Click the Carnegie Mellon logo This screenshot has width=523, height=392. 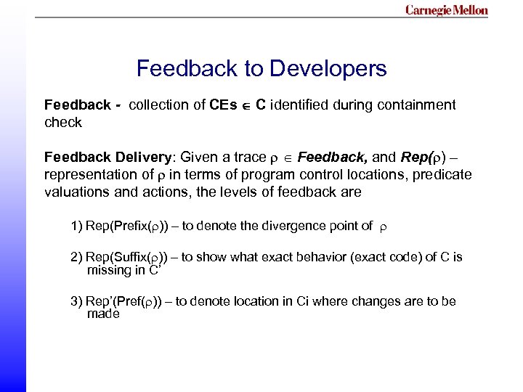446,10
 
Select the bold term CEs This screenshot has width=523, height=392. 223,105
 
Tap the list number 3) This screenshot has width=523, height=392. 76,301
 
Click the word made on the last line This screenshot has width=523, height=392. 102,314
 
